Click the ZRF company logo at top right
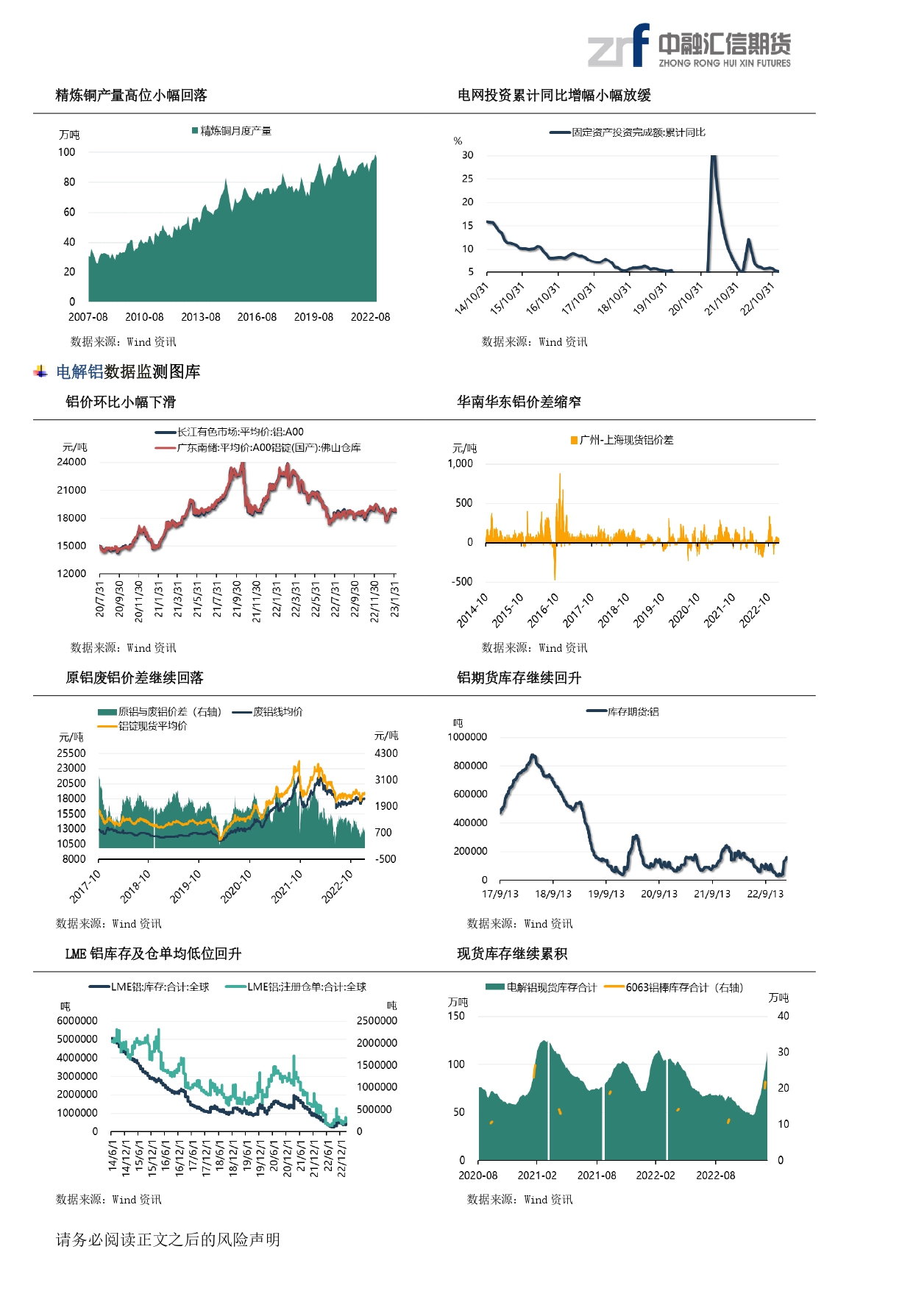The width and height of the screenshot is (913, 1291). point(689,46)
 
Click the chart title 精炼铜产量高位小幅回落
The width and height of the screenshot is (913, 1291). point(132,95)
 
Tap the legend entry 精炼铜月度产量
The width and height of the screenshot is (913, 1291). point(232,131)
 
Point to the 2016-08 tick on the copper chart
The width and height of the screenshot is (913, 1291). point(257,317)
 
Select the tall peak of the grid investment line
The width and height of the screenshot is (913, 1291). point(713,157)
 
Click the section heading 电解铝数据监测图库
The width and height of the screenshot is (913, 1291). point(128,371)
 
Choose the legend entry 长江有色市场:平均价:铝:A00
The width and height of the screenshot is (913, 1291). point(230,432)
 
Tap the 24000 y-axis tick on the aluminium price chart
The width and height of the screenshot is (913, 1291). point(71,462)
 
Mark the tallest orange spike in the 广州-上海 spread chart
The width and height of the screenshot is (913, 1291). point(560,474)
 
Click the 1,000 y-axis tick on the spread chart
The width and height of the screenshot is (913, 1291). point(461,463)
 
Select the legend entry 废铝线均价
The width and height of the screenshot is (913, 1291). point(267,711)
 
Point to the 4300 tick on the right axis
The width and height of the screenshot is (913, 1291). point(386,753)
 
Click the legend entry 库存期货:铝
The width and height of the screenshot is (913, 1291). point(622,711)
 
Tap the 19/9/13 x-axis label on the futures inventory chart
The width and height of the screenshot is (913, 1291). point(606,894)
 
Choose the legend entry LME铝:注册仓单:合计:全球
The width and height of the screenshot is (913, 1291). point(296,987)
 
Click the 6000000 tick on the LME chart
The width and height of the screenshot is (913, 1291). point(77,1021)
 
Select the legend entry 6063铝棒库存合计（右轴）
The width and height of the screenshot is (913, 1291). point(674,987)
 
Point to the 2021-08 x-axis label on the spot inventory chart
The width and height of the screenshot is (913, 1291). point(597,1176)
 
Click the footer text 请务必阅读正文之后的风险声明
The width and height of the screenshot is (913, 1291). point(168,1240)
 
